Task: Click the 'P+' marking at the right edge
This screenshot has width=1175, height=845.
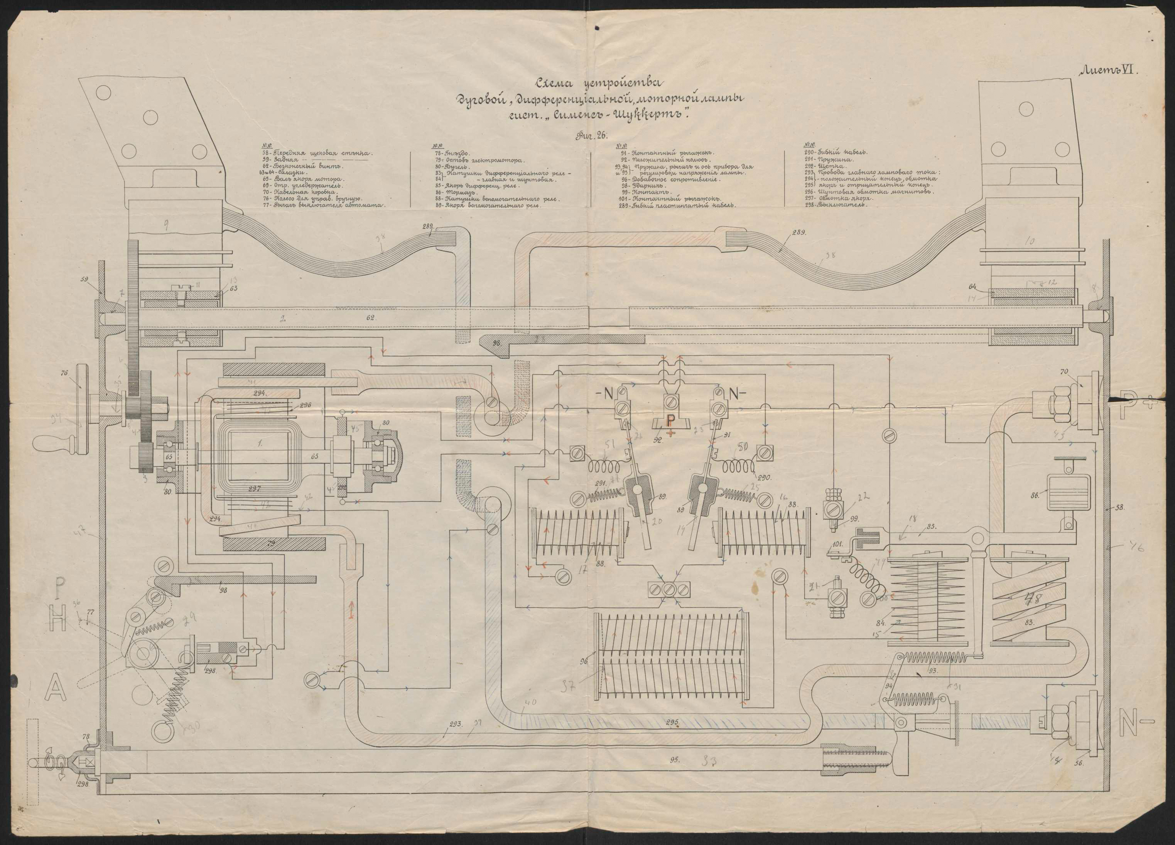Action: coord(1139,401)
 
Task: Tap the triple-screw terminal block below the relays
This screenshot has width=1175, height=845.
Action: coord(669,589)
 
